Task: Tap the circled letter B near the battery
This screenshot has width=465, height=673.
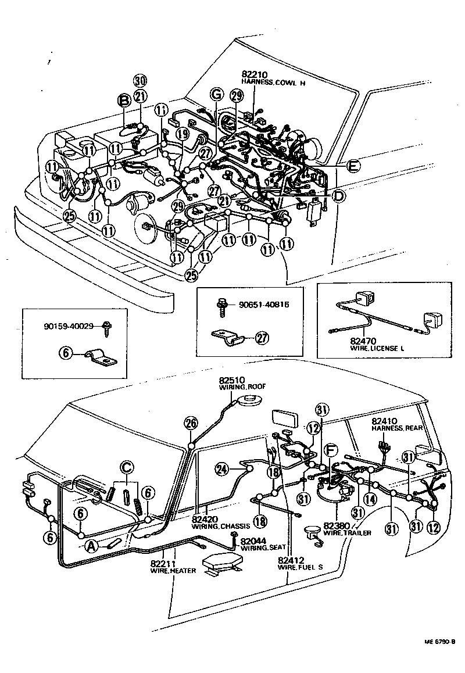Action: pos(124,101)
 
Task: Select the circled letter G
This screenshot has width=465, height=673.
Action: pos(216,94)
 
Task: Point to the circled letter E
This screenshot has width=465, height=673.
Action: pos(352,166)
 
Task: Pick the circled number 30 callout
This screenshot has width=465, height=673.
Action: pos(139,81)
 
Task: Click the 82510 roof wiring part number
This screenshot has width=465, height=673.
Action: pos(231,380)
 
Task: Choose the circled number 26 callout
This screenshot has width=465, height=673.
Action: pos(190,424)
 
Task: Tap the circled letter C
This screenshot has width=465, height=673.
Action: pos(127,467)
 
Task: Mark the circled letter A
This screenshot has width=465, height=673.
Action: pos(91,545)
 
